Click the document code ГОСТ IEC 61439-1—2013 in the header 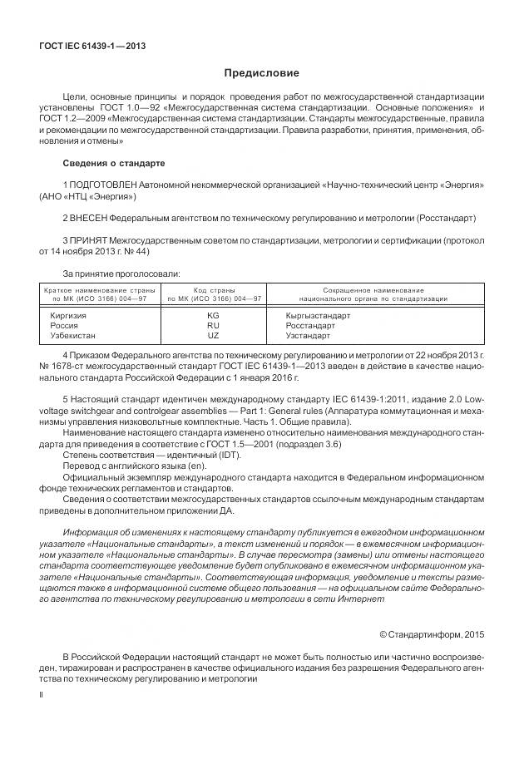(92, 46)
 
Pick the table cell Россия (65, 326)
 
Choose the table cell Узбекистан (73, 336)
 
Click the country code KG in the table (213, 316)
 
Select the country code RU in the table (213, 326)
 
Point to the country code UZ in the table (213, 336)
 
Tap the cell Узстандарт (308, 336)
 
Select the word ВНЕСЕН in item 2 (92, 218)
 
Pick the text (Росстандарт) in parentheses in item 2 (446, 218)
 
